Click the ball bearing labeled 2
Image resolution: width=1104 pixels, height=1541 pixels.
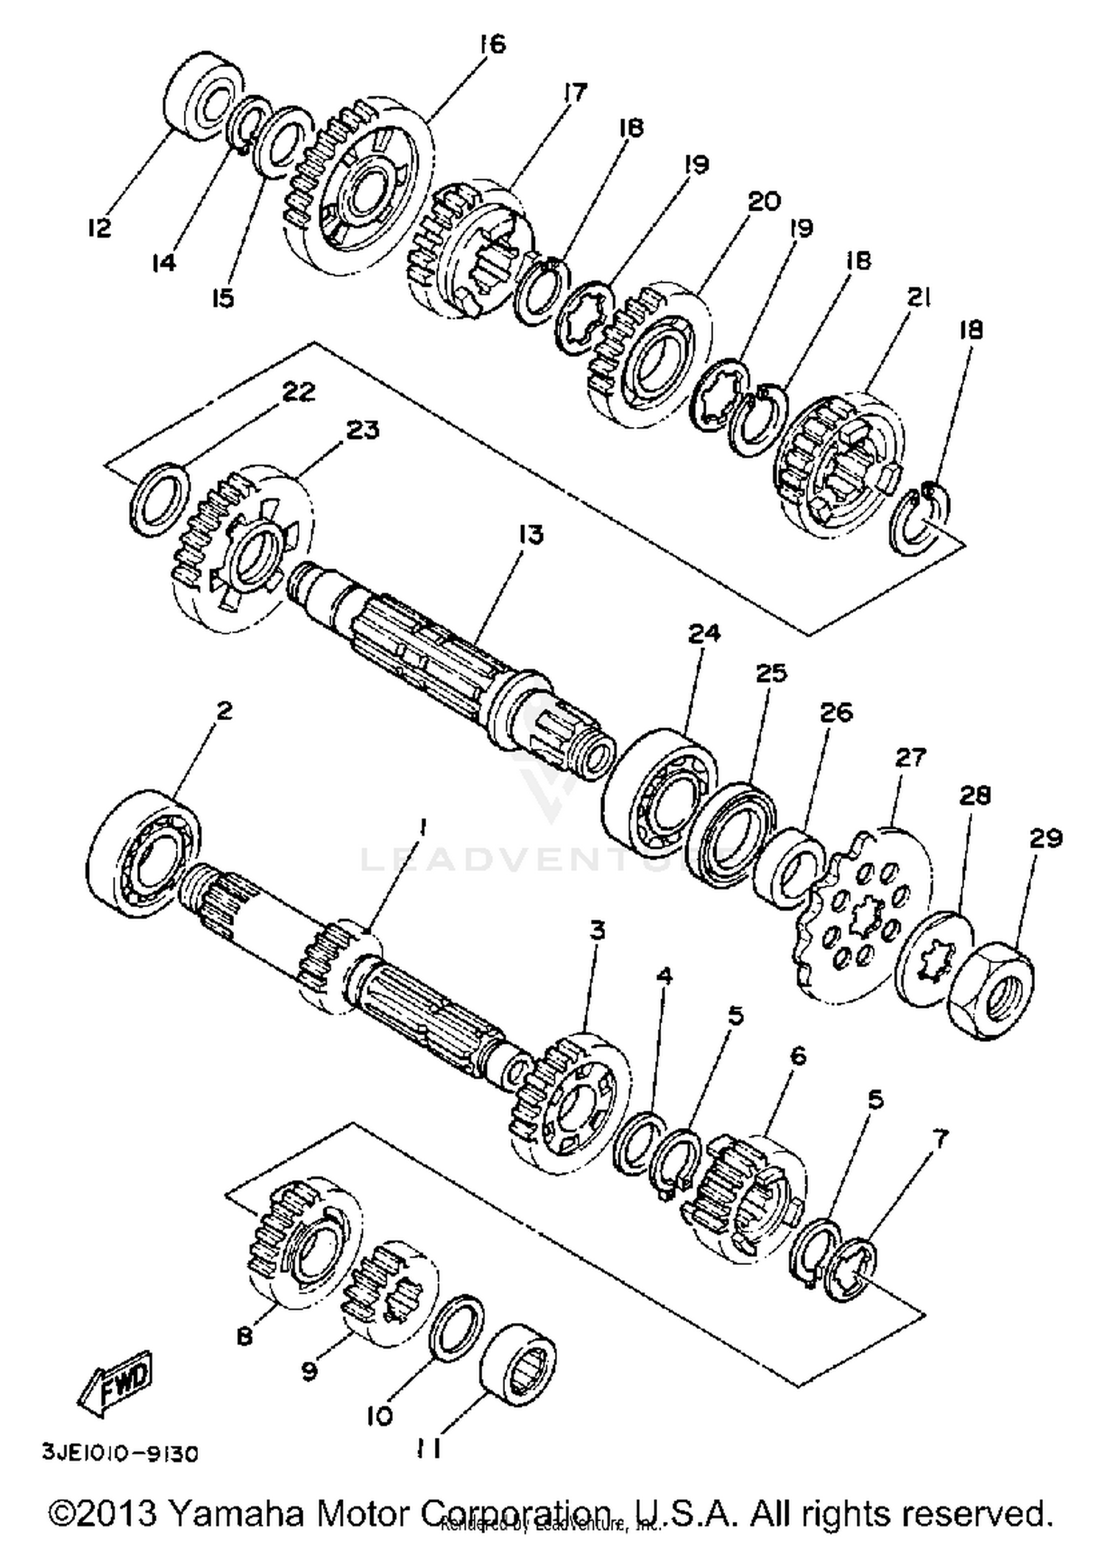click(x=144, y=854)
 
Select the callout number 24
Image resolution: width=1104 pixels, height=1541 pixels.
click(x=704, y=634)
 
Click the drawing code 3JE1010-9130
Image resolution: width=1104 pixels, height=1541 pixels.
click(x=120, y=1454)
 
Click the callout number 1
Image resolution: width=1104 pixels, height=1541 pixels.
click(x=422, y=829)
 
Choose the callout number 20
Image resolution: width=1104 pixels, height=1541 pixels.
click(x=764, y=201)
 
